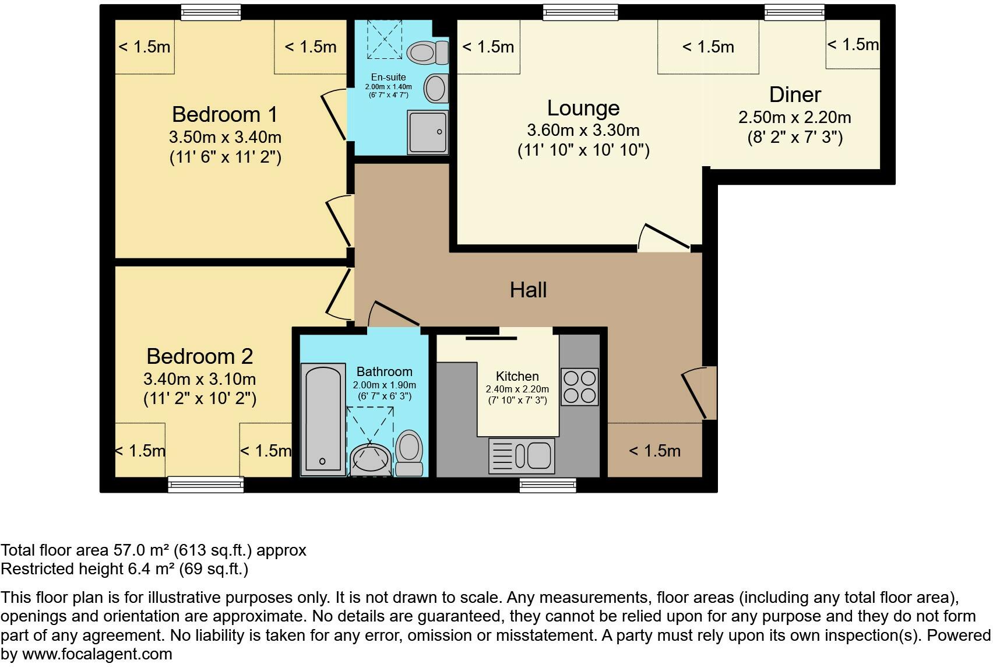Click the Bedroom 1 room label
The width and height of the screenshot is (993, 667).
click(x=225, y=114)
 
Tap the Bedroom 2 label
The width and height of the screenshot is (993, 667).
click(x=199, y=357)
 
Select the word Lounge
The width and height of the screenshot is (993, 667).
click(x=583, y=108)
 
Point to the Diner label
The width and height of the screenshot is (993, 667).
click(x=795, y=94)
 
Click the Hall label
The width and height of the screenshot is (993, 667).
click(x=528, y=290)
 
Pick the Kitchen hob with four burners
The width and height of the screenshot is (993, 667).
click(x=579, y=387)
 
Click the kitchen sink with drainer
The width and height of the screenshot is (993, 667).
click(x=522, y=456)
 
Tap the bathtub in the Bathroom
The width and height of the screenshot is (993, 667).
click(x=323, y=420)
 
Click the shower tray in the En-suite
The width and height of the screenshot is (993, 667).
click(x=427, y=132)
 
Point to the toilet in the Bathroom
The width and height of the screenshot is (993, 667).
click(x=409, y=453)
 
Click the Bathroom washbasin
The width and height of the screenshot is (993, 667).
click(x=370, y=459)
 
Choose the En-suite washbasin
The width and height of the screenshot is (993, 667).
click(x=436, y=88)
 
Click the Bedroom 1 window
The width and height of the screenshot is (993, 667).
click(x=211, y=12)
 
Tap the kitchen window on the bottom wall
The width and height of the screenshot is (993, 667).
click(x=548, y=485)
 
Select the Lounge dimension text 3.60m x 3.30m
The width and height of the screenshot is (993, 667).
click(x=583, y=131)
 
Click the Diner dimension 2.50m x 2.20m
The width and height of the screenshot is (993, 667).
click(x=794, y=118)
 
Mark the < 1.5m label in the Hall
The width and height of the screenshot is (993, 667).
click(x=654, y=451)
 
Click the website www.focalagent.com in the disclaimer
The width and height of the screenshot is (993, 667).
click(x=97, y=654)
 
